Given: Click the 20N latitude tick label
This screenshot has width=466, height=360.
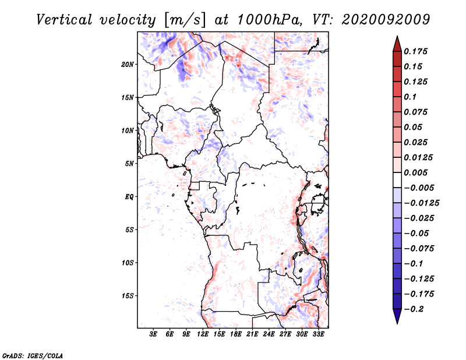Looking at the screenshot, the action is (128, 65).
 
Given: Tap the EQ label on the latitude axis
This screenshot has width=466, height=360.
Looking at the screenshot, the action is (129, 197).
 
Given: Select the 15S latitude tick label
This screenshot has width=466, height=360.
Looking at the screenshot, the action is (128, 296).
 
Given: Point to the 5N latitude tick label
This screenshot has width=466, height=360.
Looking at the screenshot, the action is (129, 164).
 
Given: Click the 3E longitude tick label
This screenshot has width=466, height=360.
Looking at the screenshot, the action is (153, 334).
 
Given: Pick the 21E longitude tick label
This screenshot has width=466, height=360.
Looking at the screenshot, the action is (252, 334).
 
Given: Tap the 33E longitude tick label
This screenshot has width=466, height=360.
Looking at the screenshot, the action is (318, 334).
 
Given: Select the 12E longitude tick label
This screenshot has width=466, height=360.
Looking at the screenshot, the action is (203, 334).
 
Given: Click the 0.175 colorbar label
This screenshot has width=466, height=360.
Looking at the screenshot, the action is (416, 51).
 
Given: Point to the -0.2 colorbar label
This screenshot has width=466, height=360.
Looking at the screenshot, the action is (414, 309).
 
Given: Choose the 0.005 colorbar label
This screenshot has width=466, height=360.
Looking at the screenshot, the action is (416, 172).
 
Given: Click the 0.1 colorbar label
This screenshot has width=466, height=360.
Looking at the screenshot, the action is (411, 97).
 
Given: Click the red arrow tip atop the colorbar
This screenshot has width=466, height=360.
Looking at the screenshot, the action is (397, 36).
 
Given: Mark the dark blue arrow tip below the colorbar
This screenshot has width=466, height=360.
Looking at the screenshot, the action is (397, 323).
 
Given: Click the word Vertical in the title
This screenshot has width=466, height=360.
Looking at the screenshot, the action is (64, 20).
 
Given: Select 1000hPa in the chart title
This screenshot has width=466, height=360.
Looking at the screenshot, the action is (267, 20).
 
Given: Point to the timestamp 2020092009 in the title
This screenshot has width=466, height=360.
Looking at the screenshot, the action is (386, 20).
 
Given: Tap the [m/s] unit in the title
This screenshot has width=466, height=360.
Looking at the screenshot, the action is (184, 20).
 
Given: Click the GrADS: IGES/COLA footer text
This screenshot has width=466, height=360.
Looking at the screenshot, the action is (33, 355).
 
